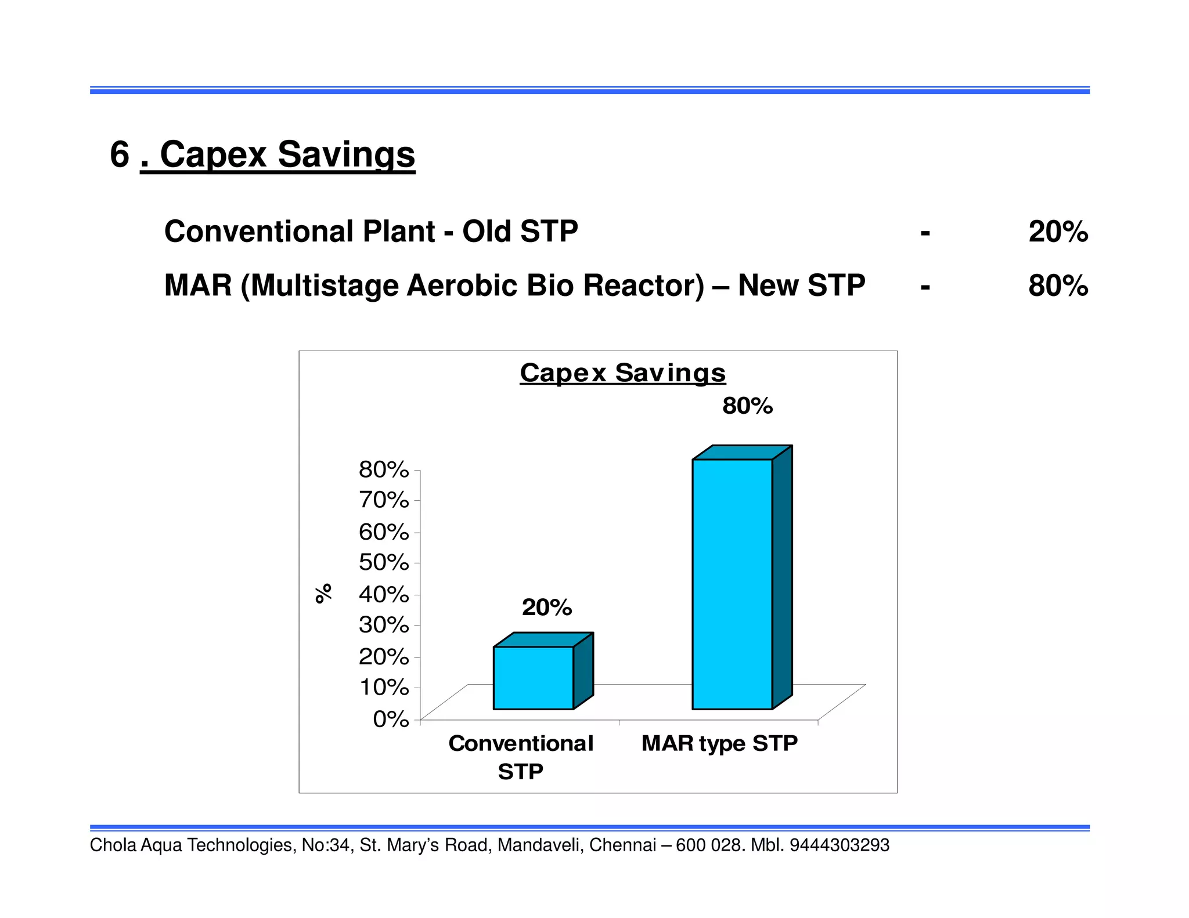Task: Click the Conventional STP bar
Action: tap(533, 677)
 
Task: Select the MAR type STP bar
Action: tap(732, 583)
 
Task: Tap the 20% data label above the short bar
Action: tap(546, 608)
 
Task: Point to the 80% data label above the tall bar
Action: tap(747, 406)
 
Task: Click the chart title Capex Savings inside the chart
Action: tap(622, 373)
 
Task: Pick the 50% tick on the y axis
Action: tap(384, 562)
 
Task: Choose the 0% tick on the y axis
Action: tap(391, 719)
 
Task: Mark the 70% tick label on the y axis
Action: tap(384, 500)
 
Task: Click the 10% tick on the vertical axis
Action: tap(384, 687)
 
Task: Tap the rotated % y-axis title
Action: tap(323, 593)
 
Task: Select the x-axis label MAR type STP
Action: tap(719, 743)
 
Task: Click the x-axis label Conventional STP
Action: tap(521, 757)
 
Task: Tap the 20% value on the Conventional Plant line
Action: tap(1058, 232)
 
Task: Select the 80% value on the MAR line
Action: tap(1058, 285)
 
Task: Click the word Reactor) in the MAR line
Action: tap(644, 285)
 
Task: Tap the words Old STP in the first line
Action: tap(520, 232)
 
